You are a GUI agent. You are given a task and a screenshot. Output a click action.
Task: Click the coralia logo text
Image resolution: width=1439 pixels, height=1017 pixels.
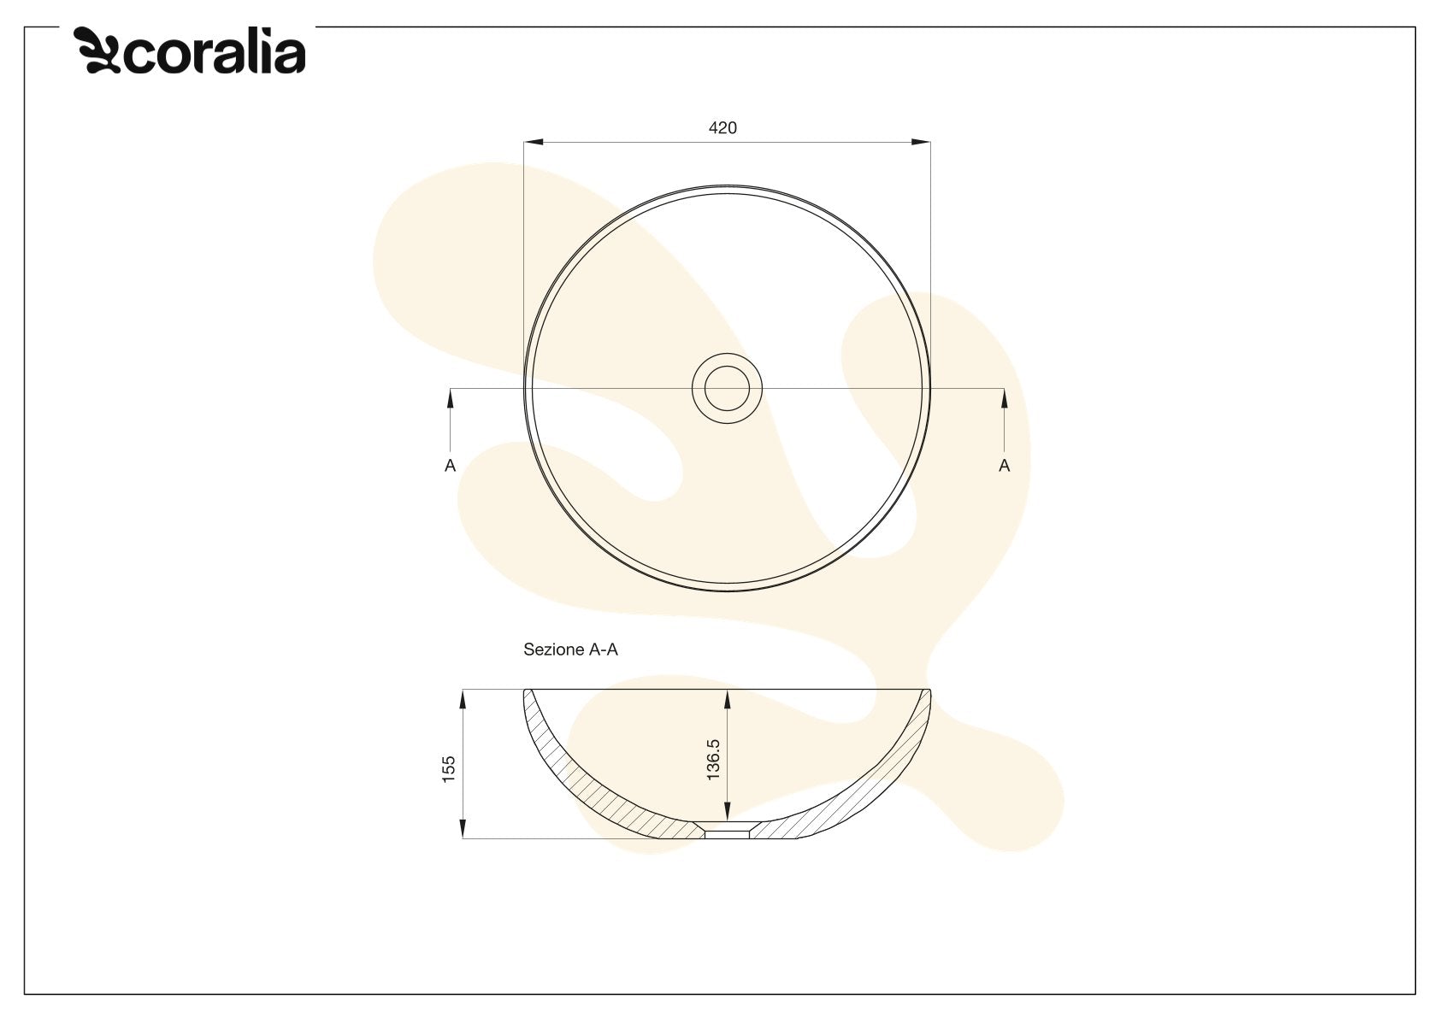pos(215,53)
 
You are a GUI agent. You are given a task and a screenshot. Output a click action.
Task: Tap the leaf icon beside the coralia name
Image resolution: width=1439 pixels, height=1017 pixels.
pos(97,50)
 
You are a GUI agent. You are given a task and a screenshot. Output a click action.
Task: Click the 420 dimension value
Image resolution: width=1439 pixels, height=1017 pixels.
pos(722,128)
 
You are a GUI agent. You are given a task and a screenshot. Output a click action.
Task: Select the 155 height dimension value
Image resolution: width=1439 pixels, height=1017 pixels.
pos(448,768)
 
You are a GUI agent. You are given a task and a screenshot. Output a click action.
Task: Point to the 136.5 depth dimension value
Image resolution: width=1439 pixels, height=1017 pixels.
pos(713,760)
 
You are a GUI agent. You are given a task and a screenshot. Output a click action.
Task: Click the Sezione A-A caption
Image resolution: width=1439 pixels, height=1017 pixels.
pos(570,650)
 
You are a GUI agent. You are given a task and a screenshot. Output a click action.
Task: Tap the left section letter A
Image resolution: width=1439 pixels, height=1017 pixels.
pos(451,466)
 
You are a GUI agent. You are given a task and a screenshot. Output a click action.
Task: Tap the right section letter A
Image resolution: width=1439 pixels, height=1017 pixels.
pos(1005,466)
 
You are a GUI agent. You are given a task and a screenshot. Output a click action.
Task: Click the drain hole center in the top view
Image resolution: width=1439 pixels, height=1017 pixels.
pos(728,389)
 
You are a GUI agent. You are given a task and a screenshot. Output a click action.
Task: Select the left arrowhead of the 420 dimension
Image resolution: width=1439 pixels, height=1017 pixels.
pos(534,142)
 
